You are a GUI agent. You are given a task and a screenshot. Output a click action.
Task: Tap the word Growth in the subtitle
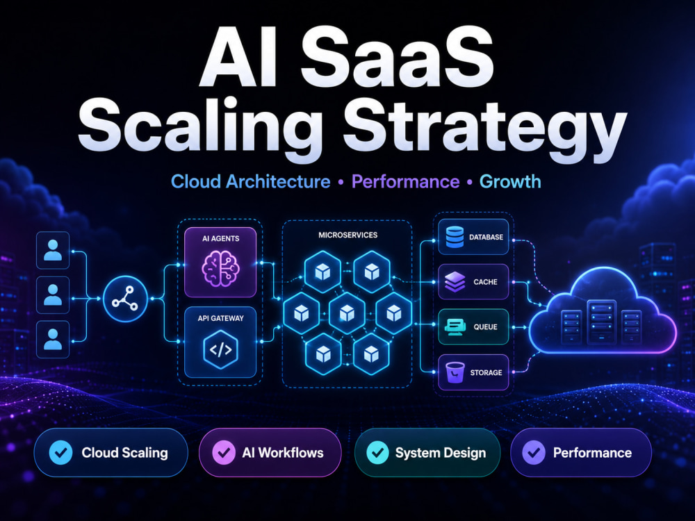point(510,181)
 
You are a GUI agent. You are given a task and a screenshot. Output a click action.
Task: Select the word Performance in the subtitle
point(405,181)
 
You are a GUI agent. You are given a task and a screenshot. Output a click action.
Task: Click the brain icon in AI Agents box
point(220,268)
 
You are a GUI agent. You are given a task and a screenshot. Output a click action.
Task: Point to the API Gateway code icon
point(220,350)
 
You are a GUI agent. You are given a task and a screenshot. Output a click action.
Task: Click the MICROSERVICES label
point(348,235)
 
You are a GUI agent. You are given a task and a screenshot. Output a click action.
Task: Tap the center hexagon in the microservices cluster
point(347,313)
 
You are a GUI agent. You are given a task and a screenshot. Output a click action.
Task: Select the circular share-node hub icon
point(125,299)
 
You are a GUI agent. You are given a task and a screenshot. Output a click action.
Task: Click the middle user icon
point(53,295)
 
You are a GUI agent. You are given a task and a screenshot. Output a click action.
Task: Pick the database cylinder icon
point(455,237)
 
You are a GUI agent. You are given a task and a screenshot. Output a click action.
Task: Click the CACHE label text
point(485,282)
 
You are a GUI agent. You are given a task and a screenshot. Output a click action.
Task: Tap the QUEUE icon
point(455,327)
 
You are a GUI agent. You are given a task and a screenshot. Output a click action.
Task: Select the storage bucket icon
point(455,372)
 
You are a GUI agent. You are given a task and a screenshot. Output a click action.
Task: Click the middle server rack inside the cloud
point(601,322)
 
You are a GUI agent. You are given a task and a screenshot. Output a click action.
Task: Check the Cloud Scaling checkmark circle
point(60,452)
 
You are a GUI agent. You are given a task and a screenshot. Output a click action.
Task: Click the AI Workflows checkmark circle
point(224,452)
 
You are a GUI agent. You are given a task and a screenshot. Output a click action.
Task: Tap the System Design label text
point(440,453)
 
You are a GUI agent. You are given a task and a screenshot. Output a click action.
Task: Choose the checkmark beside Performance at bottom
point(534,452)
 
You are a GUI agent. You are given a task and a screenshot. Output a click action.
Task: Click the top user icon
point(53,250)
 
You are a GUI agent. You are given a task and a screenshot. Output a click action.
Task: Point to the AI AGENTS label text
point(221,238)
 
